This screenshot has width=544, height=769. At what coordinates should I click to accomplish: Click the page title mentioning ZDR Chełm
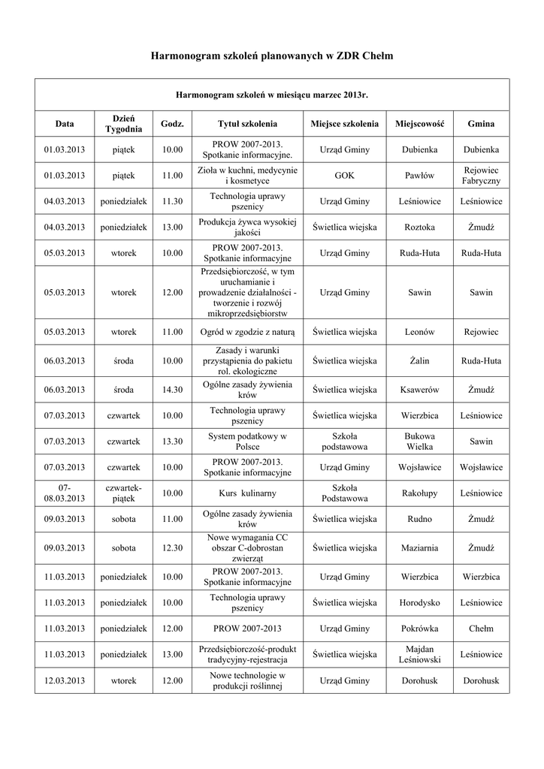pos(272,56)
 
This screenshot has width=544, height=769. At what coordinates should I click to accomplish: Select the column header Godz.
pos(173,123)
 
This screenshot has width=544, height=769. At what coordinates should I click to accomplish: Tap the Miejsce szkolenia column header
pos(345,123)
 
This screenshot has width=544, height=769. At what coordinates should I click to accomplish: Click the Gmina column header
pos(481,123)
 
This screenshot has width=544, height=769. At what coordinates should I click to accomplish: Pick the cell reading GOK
pos(345,176)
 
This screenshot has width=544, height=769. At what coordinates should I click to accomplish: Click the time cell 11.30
pos(173,202)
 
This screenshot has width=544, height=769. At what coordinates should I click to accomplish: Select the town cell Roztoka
pos(419,227)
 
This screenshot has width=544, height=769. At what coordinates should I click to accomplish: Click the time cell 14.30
pos(173,390)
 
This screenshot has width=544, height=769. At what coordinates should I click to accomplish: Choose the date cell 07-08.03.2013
pos(65,493)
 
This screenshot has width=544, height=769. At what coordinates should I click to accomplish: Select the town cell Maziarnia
pos(419,548)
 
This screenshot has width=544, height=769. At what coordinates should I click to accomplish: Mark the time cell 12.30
pos(173,548)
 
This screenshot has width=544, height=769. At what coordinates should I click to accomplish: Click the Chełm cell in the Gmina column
pos(481,629)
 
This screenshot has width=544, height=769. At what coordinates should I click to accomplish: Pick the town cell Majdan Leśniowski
pos(419,654)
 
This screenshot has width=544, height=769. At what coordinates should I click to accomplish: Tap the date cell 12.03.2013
pos(65,680)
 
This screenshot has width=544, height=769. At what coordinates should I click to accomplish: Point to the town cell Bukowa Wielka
pos(419,441)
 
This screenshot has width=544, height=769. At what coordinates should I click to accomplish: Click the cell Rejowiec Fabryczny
pos(481,176)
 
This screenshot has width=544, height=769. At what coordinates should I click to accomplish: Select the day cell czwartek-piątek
pos(124,493)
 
